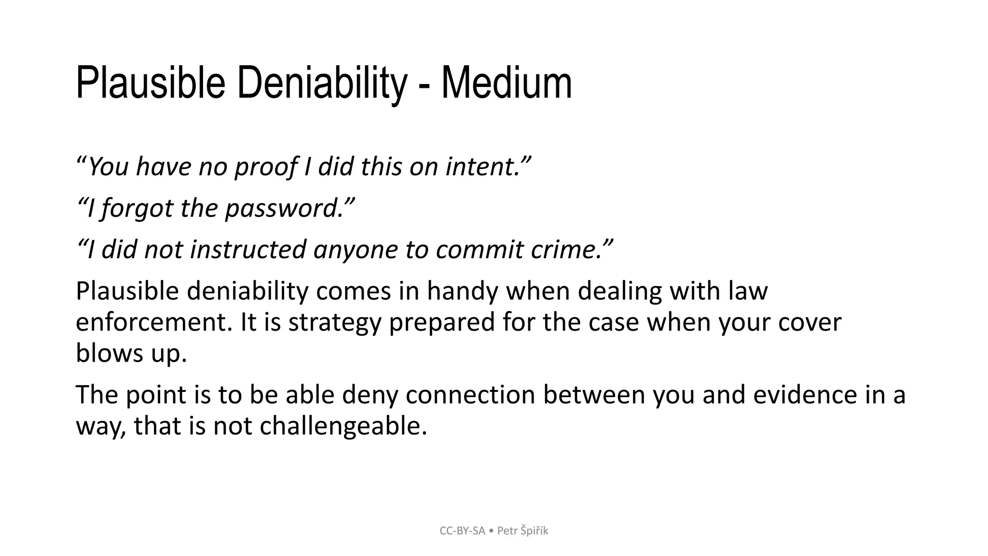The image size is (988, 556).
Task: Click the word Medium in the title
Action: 506,83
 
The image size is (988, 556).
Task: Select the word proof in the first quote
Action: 266,167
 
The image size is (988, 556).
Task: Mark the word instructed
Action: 248,250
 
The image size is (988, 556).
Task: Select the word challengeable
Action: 343,426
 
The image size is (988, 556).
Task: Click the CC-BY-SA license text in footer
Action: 462,531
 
